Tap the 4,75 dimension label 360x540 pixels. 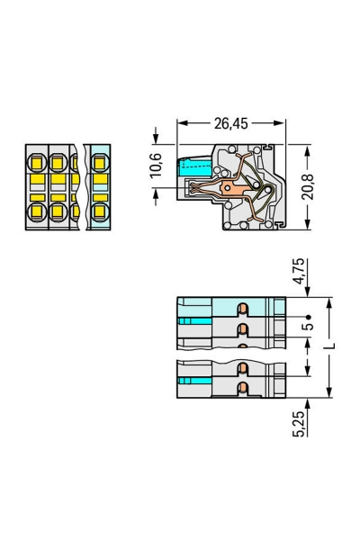[306, 271]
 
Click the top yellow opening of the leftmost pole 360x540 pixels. [38, 165]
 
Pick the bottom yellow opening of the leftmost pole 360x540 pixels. [38, 212]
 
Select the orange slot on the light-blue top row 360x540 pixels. [241, 309]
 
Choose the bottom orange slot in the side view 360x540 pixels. [241, 388]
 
